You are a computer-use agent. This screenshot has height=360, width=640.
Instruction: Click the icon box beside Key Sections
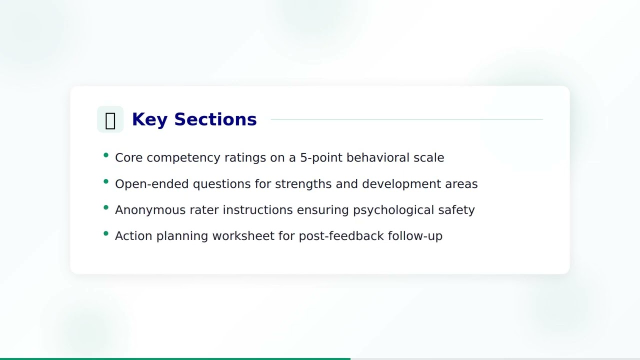click(110, 119)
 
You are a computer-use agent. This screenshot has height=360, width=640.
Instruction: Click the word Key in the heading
click(149, 119)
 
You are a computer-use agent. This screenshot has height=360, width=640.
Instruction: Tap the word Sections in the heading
click(215, 119)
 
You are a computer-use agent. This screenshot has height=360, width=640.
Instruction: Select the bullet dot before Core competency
click(106, 155)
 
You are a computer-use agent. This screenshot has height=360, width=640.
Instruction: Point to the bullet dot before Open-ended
click(106, 181)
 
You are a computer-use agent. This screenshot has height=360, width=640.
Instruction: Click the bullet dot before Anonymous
click(106, 207)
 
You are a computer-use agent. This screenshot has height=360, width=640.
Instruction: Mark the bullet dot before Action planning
click(106, 233)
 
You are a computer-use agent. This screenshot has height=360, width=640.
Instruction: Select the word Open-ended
click(152, 184)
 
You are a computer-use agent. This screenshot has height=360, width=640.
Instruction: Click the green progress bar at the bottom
click(175, 358)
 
